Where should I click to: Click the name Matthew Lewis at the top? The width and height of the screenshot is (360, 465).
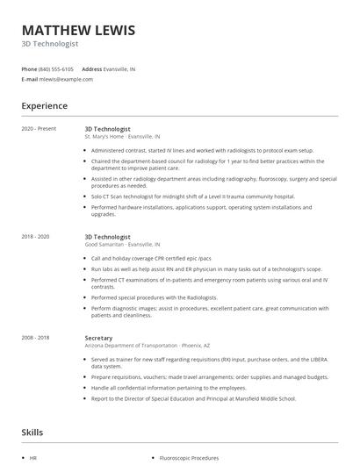click(x=79, y=31)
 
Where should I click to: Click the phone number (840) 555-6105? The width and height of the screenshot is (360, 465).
click(x=56, y=68)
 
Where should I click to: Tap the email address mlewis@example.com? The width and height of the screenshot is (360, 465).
click(x=66, y=79)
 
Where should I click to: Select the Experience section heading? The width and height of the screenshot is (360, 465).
click(x=45, y=106)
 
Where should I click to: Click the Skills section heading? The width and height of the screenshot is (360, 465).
click(x=32, y=433)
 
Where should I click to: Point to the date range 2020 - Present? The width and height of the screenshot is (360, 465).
click(x=39, y=129)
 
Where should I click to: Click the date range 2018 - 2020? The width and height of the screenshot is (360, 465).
click(x=36, y=237)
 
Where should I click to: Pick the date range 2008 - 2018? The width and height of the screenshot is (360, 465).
click(x=36, y=337)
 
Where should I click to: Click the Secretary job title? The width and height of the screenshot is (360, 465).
click(x=98, y=337)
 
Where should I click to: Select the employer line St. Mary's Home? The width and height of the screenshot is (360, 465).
click(x=122, y=137)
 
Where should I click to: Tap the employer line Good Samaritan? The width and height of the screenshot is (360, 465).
click(x=122, y=245)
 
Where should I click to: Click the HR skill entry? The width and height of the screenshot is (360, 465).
click(x=33, y=458)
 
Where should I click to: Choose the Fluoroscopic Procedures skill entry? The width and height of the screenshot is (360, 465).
click(x=189, y=458)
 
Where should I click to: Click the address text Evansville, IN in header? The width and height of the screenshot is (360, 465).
click(x=120, y=68)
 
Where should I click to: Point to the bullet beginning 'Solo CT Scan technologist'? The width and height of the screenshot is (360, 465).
click(x=193, y=197)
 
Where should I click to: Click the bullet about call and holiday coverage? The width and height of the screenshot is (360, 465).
click(x=151, y=259)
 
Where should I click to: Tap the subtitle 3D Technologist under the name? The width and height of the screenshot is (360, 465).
click(x=50, y=44)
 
